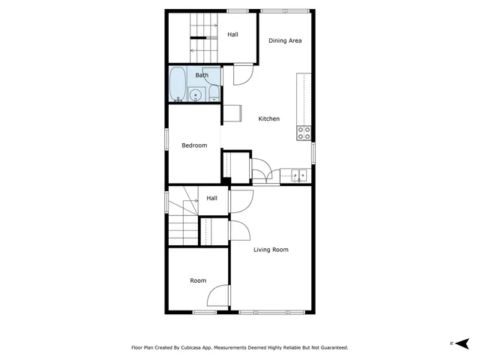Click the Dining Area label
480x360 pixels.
[285, 40]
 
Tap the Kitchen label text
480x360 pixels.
[269, 119]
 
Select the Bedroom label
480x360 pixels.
[194, 145]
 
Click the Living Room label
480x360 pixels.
[270, 250]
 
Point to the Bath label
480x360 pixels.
[202, 75]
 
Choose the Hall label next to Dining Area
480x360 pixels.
[233, 34]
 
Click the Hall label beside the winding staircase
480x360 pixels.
[212, 198]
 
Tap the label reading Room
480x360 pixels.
[198, 280]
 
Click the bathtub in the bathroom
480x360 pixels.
[178, 83]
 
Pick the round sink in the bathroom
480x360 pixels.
[196, 94]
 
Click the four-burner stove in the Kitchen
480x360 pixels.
[304, 133]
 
